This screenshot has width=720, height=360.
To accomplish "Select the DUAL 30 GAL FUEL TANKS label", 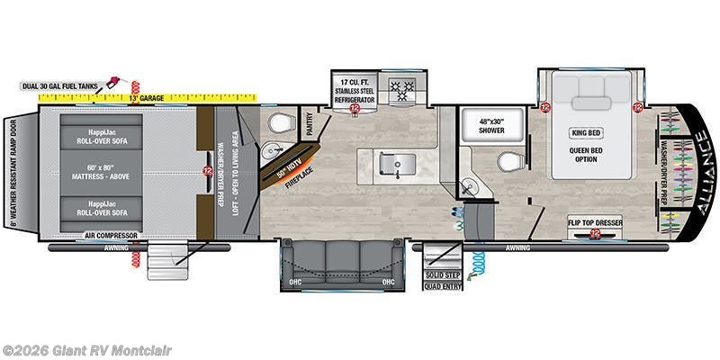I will (x=60, y=86).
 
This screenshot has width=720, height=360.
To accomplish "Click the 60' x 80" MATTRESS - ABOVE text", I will (x=102, y=171).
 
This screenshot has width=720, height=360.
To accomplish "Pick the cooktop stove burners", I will (x=399, y=89).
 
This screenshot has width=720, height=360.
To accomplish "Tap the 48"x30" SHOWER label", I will (x=491, y=126).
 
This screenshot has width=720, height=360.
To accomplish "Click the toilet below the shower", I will (x=508, y=163).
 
